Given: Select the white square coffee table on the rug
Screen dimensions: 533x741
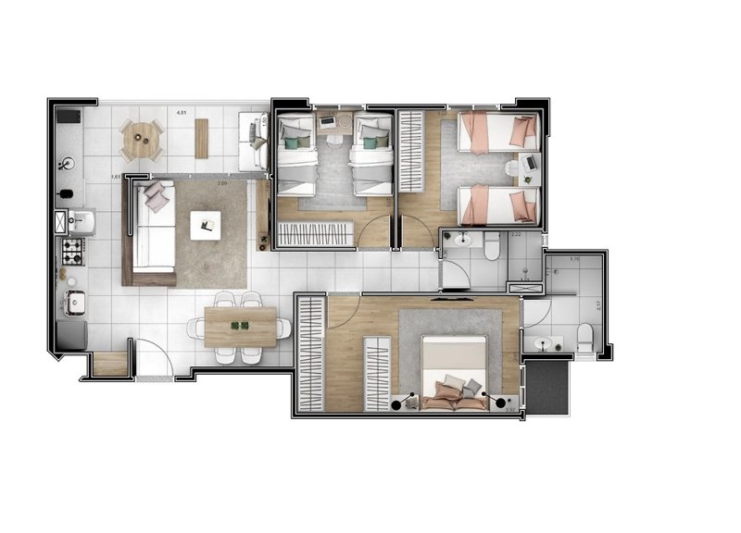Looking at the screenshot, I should click(x=206, y=224).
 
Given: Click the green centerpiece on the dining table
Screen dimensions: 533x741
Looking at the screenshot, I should click(x=241, y=325).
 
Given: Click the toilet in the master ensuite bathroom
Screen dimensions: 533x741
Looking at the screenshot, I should click(x=585, y=338).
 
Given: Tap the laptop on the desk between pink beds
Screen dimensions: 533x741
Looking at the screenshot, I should click(x=529, y=164).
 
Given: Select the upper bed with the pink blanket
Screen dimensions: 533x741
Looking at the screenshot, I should click(x=497, y=131).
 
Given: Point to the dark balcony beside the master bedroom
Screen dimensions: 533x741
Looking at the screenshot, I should click(x=547, y=387).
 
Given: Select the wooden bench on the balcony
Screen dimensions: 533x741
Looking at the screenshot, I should click(x=202, y=138).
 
